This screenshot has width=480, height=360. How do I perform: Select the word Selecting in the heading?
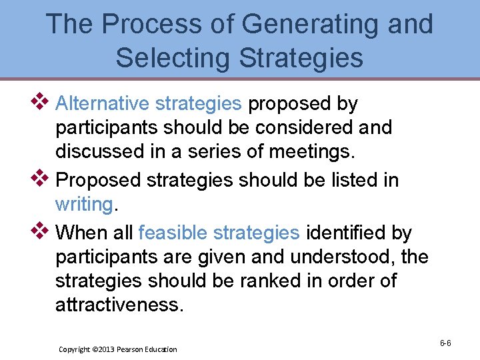pyautogui.click(x=174, y=57)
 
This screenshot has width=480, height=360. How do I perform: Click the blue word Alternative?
pyautogui.click(x=103, y=103)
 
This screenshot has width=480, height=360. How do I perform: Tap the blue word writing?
pyautogui.click(x=84, y=204)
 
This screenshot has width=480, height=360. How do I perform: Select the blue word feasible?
pyautogui.click(x=173, y=233)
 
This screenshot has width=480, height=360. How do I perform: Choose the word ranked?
pyautogui.click(x=279, y=281)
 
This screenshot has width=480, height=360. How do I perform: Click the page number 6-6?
pyautogui.click(x=445, y=343)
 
